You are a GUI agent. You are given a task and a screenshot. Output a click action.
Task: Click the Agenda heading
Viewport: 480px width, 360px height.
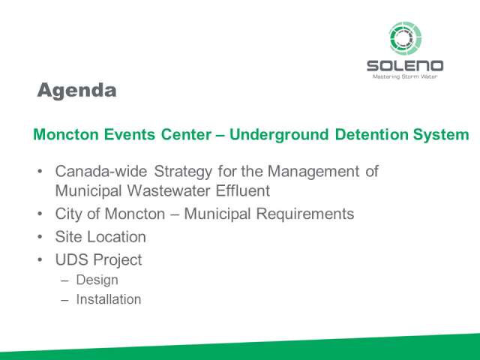(x=76, y=91)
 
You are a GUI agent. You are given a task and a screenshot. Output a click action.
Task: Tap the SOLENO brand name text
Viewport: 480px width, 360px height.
(x=405, y=66)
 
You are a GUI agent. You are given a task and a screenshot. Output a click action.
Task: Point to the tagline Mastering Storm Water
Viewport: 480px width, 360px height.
(x=405, y=76)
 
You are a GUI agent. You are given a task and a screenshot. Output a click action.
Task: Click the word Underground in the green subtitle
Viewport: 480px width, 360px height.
(x=279, y=135)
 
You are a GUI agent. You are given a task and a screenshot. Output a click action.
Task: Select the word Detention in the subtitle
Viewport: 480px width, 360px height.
(x=371, y=134)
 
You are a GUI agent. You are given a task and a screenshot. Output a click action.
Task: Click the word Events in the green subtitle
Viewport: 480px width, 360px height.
(x=130, y=134)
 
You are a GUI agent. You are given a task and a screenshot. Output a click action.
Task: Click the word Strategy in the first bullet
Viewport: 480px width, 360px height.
(x=183, y=172)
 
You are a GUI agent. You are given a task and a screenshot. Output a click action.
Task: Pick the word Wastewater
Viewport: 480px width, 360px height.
(x=169, y=190)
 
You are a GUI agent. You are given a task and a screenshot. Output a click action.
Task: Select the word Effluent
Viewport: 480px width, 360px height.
(x=243, y=190)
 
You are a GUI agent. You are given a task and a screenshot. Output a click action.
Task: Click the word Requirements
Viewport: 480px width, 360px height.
(x=305, y=214)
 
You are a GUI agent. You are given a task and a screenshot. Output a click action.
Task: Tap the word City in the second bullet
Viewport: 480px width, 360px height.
(x=68, y=214)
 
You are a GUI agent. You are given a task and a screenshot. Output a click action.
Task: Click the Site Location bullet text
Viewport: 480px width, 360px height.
(x=100, y=237)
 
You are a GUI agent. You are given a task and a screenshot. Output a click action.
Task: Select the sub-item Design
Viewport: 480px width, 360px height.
(x=97, y=280)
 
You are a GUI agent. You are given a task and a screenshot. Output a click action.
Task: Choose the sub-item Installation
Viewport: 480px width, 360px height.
(x=109, y=299)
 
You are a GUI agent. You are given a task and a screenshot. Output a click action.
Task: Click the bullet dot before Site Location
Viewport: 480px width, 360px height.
(x=40, y=237)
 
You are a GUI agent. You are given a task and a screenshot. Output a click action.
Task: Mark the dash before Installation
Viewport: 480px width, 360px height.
(x=64, y=300)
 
